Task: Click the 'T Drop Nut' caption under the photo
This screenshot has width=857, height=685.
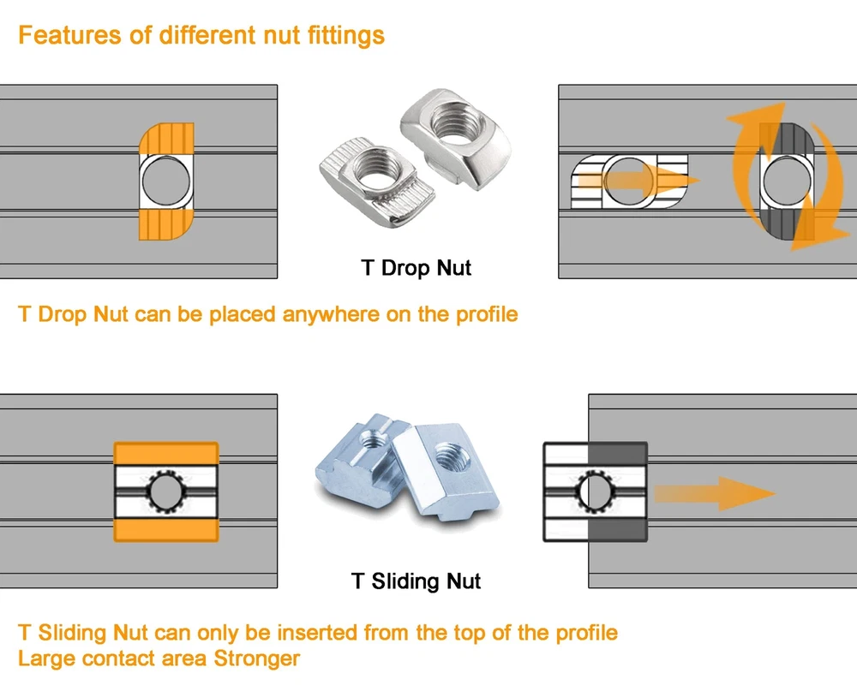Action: [x=417, y=268]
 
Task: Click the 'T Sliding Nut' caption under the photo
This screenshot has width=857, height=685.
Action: [x=417, y=581]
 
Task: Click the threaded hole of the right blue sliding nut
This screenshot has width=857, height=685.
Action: [x=446, y=456]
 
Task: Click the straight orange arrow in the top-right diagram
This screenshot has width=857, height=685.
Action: [x=638, y=182]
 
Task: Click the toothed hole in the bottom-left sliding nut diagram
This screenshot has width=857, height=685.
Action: [x=165, y=492]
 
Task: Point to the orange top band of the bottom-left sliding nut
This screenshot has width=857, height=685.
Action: [x=166, y=453]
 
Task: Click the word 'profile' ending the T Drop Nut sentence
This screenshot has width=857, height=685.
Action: [x=486, y=314]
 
